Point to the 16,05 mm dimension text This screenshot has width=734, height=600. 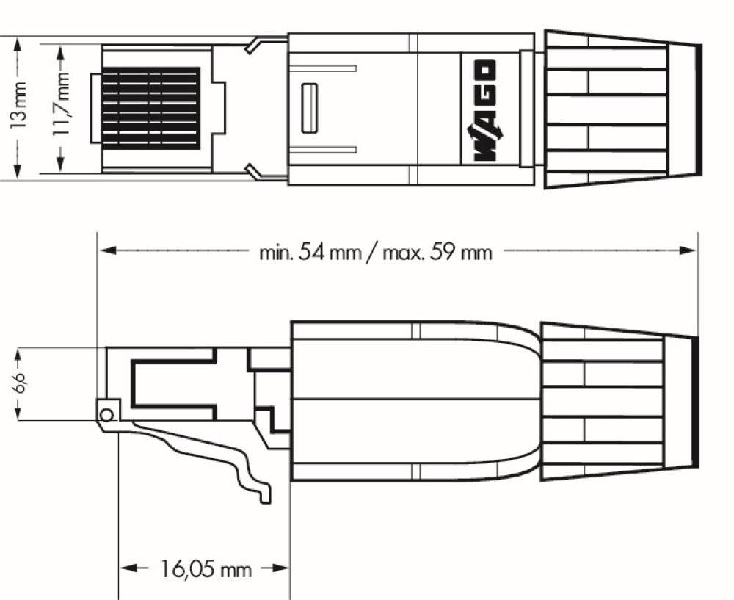(206, 568)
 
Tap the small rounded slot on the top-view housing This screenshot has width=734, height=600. (309, 108)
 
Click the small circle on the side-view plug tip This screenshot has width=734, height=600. (106, 415)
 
